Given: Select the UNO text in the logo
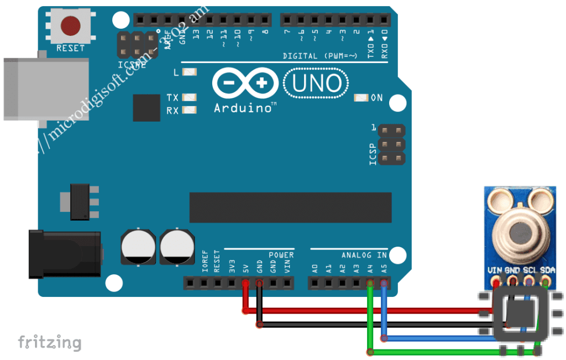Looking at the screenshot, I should click(x=316, y=84).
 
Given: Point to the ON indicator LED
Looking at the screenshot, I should click(x=361, y=98).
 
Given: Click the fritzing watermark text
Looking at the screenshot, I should click(x=49, y=342).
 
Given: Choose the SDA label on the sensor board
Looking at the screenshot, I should click(x=547, y=270).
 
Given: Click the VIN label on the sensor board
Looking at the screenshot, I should click(x=494, y=270).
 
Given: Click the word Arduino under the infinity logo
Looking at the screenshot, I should click(x=242, y=107).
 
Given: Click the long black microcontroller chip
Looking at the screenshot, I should click(x=290, y=207).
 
